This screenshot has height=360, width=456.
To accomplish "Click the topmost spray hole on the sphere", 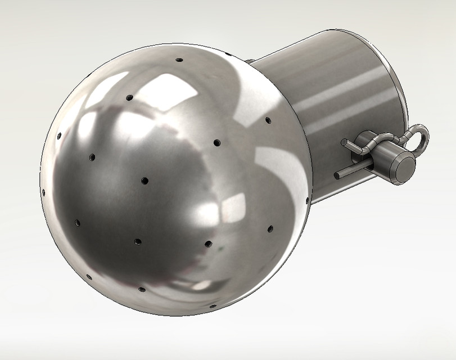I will click(179, 59).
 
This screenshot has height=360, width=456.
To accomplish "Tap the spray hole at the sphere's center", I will click(145, 181).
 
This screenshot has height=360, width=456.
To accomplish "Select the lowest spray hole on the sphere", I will click(213, 307).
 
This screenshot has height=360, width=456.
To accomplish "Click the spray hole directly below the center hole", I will click(138, 242).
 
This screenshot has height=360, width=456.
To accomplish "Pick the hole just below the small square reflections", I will click(207, 244).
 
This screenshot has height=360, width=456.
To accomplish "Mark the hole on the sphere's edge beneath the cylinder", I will click(306, 199).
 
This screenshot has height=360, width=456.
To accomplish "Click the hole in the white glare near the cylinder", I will click(268, 120).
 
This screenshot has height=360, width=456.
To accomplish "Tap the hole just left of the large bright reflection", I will click(129, 98).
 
